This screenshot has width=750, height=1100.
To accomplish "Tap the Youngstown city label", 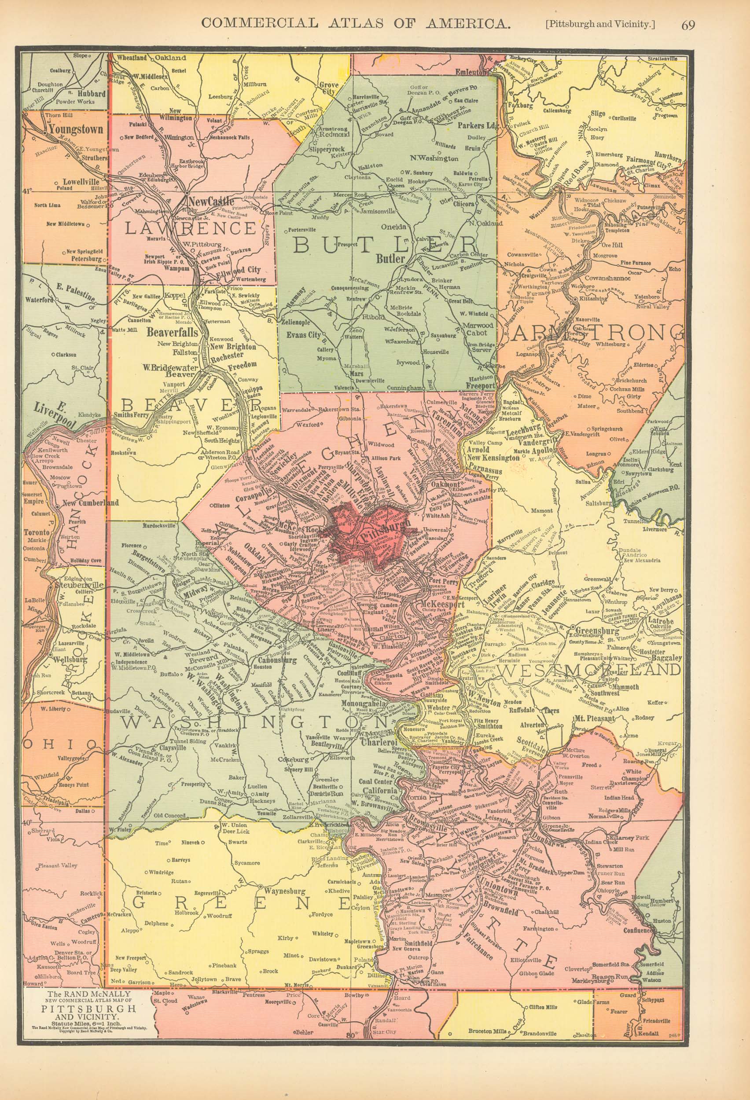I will click(x=74, y=129).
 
